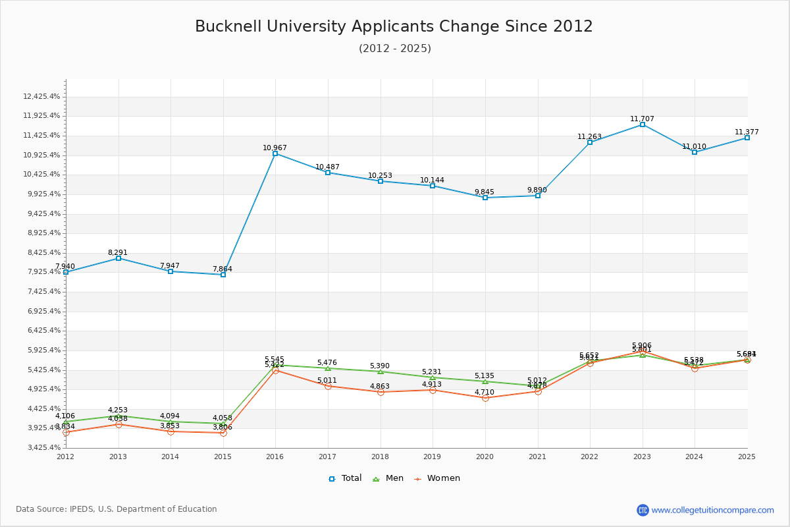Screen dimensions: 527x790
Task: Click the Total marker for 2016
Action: [275, 153]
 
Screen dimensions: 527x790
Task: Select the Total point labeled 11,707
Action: [643, 125]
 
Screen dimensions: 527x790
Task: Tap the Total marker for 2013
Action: [118, 258]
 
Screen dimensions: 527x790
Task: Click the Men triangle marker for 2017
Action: [328, 368]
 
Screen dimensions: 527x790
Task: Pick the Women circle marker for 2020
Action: [485, 398]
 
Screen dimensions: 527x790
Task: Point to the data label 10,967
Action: [275, 148]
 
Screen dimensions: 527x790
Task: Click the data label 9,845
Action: [485, 192]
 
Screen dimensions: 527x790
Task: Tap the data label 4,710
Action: [485, 393]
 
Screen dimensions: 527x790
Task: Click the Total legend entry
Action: [346, 478]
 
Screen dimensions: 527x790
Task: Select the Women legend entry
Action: [437, 478]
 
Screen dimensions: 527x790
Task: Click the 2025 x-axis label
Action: [747, 456]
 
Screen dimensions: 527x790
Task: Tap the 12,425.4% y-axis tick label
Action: [41, 96]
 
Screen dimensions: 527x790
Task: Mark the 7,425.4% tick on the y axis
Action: [41, 291]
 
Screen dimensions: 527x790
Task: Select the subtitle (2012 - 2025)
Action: [395, 49]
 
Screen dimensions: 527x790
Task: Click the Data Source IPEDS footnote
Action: [117, 509]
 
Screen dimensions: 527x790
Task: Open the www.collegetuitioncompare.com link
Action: [712, 510]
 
